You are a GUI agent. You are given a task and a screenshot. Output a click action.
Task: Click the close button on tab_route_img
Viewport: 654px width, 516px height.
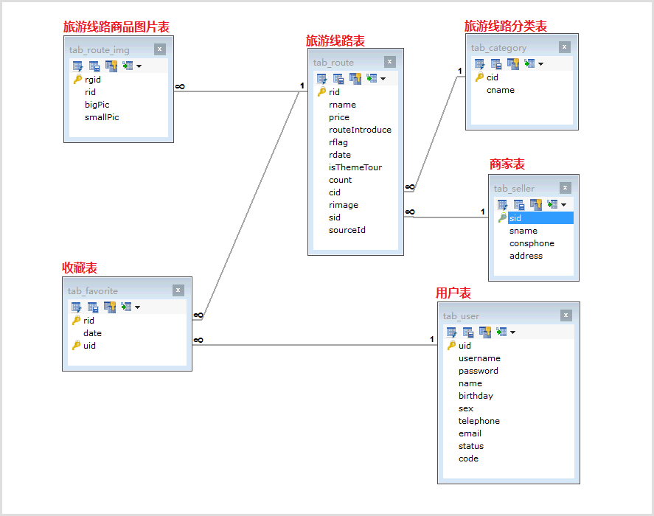point(160,49)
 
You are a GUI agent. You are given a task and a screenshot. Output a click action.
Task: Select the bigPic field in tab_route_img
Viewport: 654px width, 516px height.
point(97,105)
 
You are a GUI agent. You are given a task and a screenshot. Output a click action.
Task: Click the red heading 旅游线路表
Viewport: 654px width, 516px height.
point(335,41)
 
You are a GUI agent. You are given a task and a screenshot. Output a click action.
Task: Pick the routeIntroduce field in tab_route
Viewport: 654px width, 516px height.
point(360,130)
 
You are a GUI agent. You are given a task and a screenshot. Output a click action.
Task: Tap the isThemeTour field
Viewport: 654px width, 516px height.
point(355,167)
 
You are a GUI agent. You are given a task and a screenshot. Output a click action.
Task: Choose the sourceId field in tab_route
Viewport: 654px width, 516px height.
point(347,230)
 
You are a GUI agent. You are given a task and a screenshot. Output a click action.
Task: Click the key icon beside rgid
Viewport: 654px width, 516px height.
point(77,80)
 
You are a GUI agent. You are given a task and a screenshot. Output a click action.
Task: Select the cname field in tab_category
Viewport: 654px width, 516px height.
point(501,90)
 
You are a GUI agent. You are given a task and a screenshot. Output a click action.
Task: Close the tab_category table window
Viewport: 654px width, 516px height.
point(565,47)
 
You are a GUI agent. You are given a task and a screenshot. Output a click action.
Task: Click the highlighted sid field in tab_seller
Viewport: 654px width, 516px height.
point(515,218)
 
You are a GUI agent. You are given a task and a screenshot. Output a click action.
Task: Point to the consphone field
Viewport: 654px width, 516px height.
point(532,243)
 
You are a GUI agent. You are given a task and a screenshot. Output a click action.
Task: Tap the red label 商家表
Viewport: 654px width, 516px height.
point(507,164)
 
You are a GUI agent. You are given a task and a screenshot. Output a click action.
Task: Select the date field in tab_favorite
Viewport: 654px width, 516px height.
point(92,333)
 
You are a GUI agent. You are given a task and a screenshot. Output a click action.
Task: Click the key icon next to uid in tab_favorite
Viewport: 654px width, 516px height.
point(76,346)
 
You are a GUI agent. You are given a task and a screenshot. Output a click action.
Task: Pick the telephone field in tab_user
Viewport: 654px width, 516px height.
point(479,421)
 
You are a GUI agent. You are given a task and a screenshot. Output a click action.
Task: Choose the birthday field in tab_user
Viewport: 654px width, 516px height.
point(476,396)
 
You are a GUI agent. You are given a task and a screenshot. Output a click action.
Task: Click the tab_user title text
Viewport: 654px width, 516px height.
point(461,316)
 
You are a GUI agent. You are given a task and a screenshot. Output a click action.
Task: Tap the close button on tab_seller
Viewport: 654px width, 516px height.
point(566,188)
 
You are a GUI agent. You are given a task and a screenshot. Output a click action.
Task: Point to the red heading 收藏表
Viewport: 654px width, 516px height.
point(80,268)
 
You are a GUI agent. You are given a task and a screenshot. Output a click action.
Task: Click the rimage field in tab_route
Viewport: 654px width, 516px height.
point(344,205)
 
